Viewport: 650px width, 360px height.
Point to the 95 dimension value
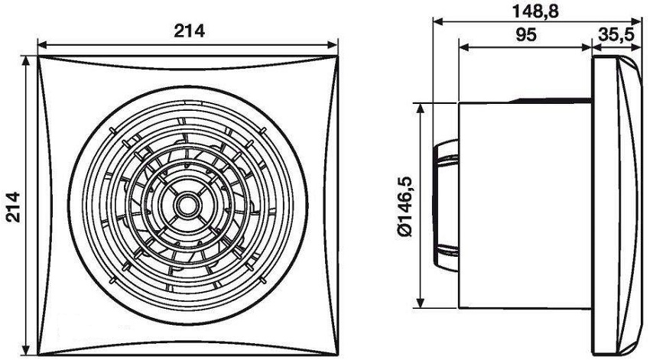pos(526,35)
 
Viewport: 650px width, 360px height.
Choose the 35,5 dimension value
pos(618,35)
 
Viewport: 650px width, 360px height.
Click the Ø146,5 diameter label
pos(406,205)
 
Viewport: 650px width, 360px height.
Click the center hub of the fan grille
pos(186,204)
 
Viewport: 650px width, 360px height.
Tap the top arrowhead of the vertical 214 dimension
pos(28,60)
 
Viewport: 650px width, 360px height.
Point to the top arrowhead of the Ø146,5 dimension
pos(421,107)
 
